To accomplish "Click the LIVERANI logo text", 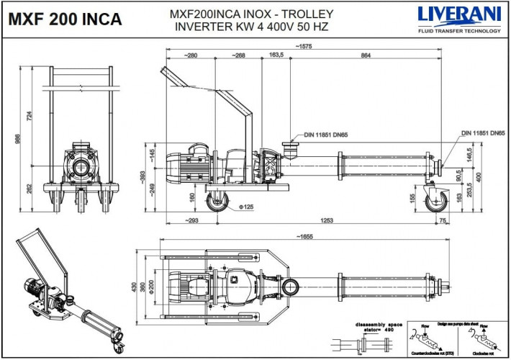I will (x=458, y=14).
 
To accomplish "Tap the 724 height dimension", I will (x=30, y=116).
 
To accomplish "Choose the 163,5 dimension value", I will (x=276, y=55).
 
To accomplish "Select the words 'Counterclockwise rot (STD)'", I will (x=430, y=354).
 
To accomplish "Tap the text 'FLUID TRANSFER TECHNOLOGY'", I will (x=458, y=31).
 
